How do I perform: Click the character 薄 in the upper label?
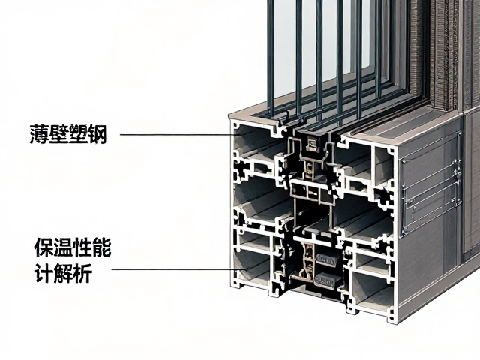39,133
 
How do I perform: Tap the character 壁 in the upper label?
58,133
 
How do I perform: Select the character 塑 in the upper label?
78,133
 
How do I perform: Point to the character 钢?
97,133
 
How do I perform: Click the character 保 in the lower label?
44,247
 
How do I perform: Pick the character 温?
63,247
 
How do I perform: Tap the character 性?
82,247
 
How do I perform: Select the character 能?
102,247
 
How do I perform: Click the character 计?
44,272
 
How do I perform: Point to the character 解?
63,272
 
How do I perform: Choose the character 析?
82,272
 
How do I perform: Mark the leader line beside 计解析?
178,269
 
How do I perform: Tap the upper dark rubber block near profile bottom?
325,260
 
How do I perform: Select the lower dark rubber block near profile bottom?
328,280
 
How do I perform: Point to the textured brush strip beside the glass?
444,55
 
